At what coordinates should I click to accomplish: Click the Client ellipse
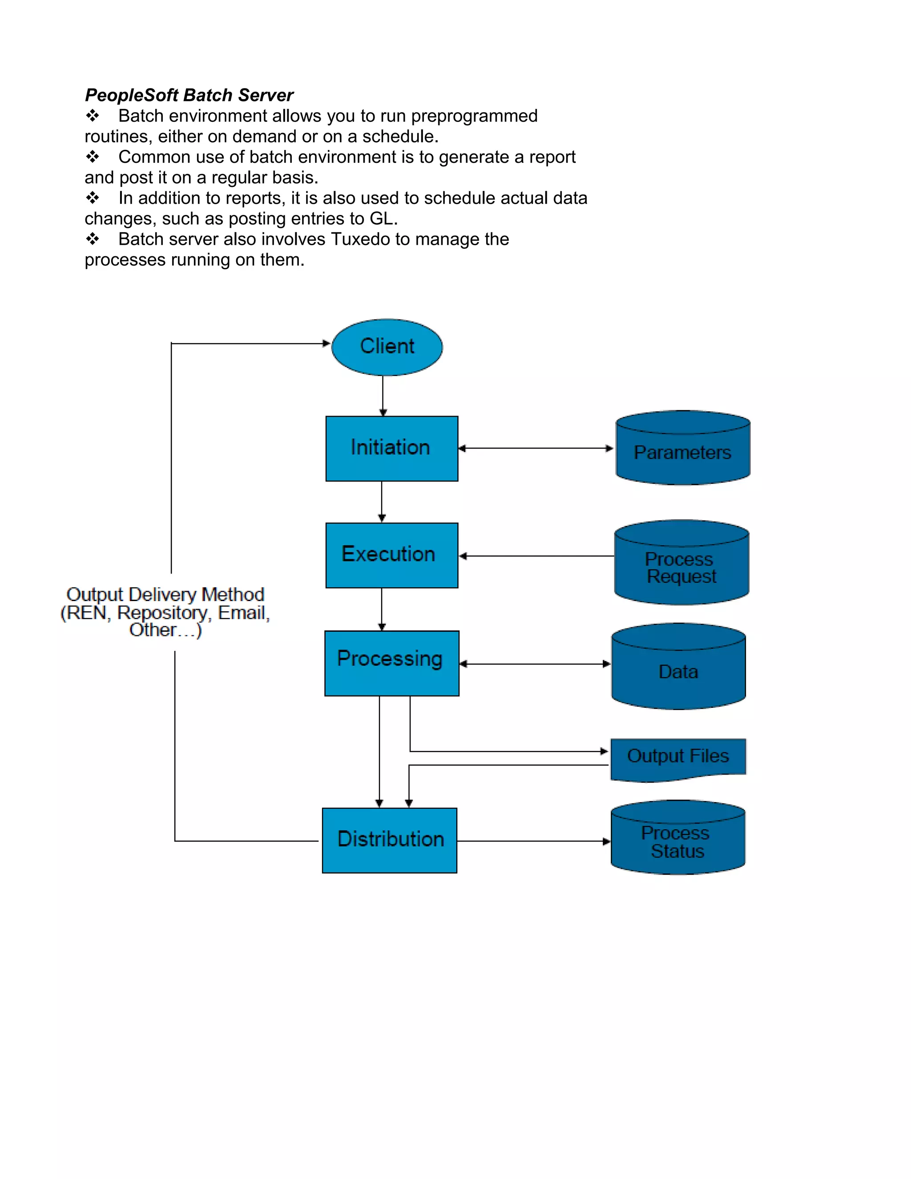(387, 347)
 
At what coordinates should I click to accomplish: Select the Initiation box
(392, 448)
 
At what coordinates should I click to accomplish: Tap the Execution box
(392, 555)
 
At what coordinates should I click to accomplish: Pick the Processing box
(392, 663)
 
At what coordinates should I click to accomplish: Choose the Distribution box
(390, 840)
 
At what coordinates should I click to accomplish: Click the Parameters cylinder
(683, 452)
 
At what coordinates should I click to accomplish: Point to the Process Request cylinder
(681, 567)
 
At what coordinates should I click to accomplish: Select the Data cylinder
(678, 671)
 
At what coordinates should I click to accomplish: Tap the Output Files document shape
(678, 757)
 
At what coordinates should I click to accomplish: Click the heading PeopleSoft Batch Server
(189, 95)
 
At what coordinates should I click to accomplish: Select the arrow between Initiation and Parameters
(536, 448)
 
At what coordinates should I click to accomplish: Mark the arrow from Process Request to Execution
(536, 556)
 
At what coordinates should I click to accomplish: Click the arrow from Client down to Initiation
(383, 395)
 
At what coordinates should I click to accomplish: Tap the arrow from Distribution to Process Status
(533, 841)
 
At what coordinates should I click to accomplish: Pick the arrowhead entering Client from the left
(326, 343)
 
